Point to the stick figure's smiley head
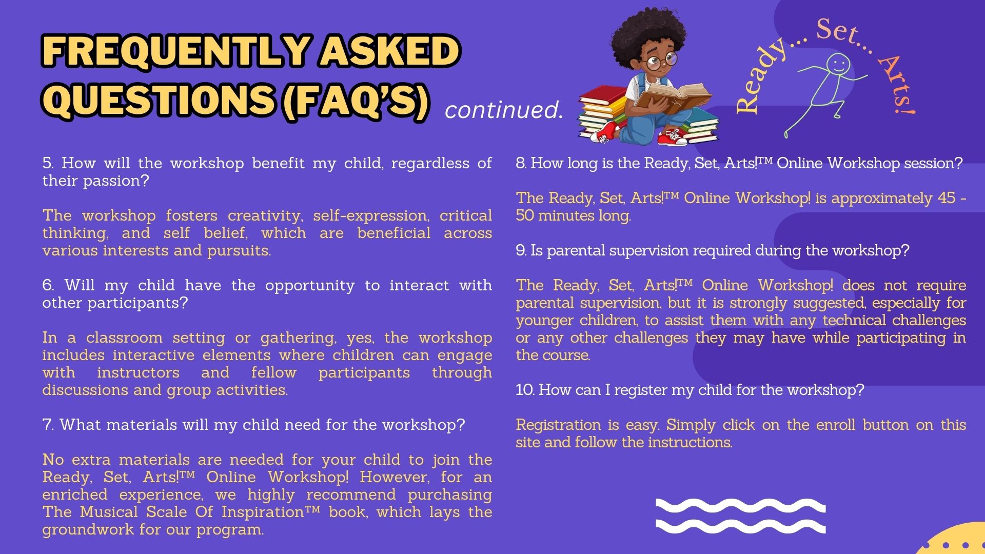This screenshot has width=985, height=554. click(x=838, y=65)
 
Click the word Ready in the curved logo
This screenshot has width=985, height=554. click(x=759, y=77)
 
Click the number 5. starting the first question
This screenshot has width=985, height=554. click(x=48, y=163)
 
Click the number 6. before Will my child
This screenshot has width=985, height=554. click(x=48, y=285)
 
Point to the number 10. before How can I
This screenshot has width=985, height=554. click(x=525, y=390)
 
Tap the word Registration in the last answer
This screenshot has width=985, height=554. click(x=558, y=425)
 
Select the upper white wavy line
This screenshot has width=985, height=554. click(x=741, y=505)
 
